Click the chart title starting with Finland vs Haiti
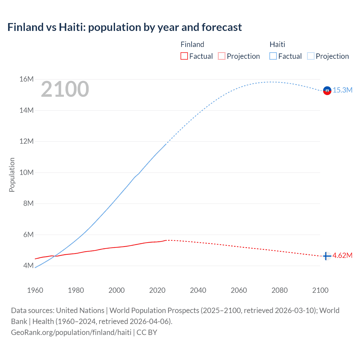[x=124, y=27]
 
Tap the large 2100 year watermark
[x=65, y=89]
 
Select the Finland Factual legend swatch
[x=184, y=56]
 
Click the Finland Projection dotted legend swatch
[x=222, y=56]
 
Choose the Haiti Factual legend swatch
[x=273, y=56]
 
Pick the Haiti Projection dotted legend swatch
[x=310, y=56]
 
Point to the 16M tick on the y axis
[x=26, y=79]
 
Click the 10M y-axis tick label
[x=26, y=172]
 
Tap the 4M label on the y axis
[x=28, y=265]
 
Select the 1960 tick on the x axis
[x=35, y=290]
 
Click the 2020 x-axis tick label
[x=157, y=290]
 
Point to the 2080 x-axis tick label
[x=279, y=290]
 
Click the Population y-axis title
[x=12, y=175]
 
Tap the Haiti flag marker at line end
[x=327, y=91]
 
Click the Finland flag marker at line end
[x=327, y=256]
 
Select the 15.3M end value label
[x=342, y=90]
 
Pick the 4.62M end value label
[x=342, y=256]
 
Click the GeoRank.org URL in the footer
[x=71, y=332]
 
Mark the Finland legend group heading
[x=192, y=44]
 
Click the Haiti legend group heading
[x=277, y=44]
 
